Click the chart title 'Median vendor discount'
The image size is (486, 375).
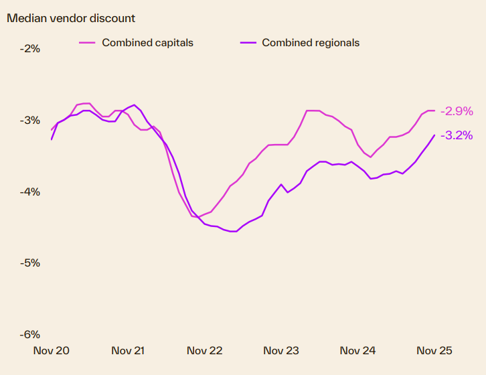[x=70, y=18]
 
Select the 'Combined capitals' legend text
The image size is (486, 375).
[x=147, y=43]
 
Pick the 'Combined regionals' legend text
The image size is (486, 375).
[x=311, y=43]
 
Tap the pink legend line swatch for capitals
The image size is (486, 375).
[x=87, y=43]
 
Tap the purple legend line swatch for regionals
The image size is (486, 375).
[x=248, y=43]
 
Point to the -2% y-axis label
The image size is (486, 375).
[x=30, y=49]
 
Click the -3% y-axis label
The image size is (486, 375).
[x=30, y=121]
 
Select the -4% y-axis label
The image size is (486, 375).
[x=30, y=192]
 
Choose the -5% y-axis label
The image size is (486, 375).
[x=30, y=263]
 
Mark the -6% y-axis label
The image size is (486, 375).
[x=30, y=335]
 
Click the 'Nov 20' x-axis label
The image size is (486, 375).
[x=52, y=351]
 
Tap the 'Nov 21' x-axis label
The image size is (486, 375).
[x=128, y=351]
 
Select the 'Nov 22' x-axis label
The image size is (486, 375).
[x=204, y=351]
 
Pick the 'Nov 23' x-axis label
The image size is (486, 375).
[x=281, y=351]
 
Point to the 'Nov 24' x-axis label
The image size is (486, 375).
[x=357, y=351]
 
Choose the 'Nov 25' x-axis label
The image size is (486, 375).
[x=434, y=351]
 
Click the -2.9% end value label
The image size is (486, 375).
[x=457, y=111]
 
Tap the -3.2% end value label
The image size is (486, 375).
[x=457, y=135]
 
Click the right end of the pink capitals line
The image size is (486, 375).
[x=434, y=110]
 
